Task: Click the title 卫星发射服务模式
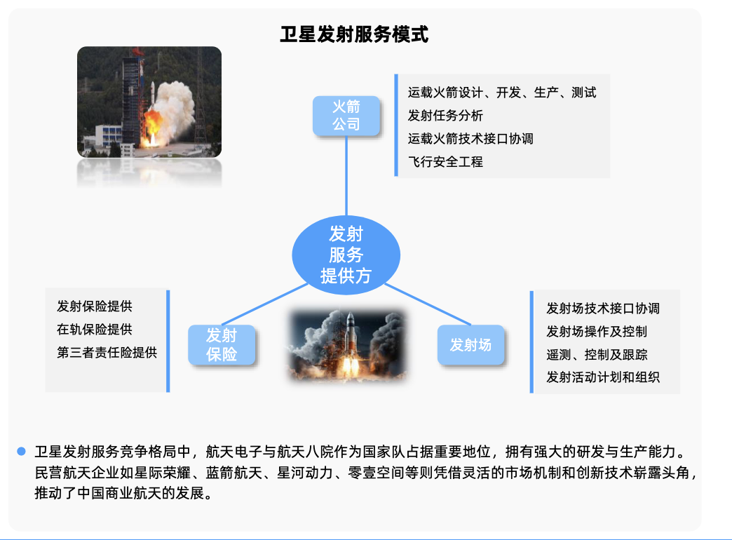click(354, 34)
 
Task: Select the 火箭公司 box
click(346, 116)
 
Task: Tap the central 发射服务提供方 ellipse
click(346, 255)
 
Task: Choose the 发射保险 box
click(222, 345)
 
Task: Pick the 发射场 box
click(470, 345)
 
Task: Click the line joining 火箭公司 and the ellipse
click(346, 175)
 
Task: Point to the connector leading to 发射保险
click(264, 304)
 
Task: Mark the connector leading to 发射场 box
click(428, 304)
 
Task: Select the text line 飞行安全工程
click(445, 161)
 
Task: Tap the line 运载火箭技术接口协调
click(470, 139)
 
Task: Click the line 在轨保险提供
click(94, 330)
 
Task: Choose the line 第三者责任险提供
click(107, 352)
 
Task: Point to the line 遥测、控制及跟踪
click(597, 355)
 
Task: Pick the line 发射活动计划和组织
click(603, 377)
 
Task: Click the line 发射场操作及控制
click(597, 331)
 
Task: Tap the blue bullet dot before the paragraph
click(21, 451)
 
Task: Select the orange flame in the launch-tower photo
click(153, 126)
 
